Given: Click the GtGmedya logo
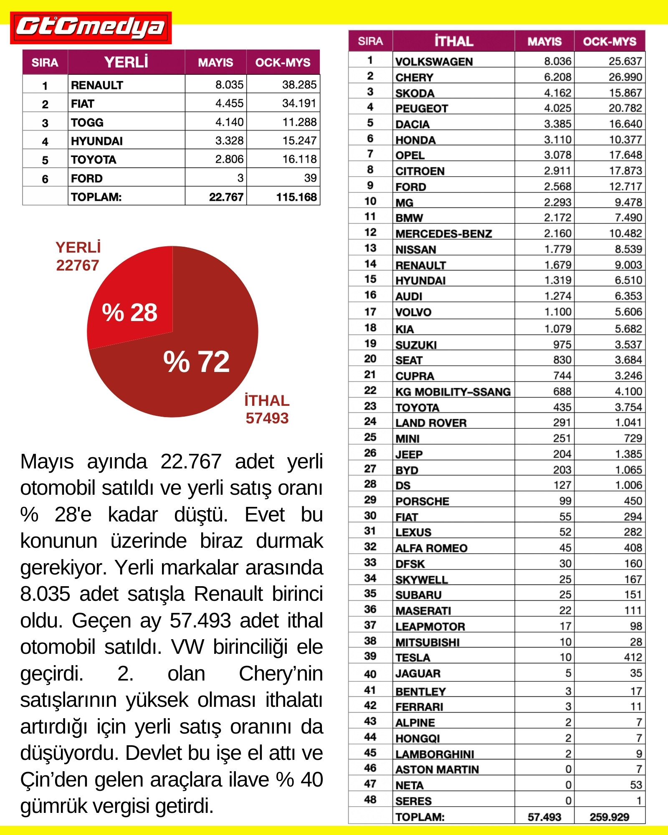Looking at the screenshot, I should pos(91,28).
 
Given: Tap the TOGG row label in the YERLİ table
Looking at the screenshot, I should pos(87,122).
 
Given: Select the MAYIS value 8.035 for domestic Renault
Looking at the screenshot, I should pos(229,85).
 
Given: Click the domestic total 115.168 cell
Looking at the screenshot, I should pos(296,197).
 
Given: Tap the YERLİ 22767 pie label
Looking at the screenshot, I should pos(78,257).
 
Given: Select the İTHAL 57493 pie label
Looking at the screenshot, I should pos(267,410).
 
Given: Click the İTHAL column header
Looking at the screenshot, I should pos(453,41).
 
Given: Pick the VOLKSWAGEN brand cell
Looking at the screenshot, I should pos(434,62).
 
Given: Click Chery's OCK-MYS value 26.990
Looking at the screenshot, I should pos(625,77).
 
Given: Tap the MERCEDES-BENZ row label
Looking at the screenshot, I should pos(444,234).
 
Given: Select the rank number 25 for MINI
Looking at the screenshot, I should pos(370,437).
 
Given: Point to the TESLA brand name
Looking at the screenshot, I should pos(413,658).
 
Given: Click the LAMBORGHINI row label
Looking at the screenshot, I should pos(435,754).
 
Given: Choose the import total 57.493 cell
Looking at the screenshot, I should pos(544,817).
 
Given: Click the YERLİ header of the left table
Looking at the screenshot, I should pos(126,63).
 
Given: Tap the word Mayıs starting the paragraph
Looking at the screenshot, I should pos(47,462).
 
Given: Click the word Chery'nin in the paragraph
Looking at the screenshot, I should pos(281,673).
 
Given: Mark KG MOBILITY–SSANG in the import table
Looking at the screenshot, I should pos(453,392).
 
